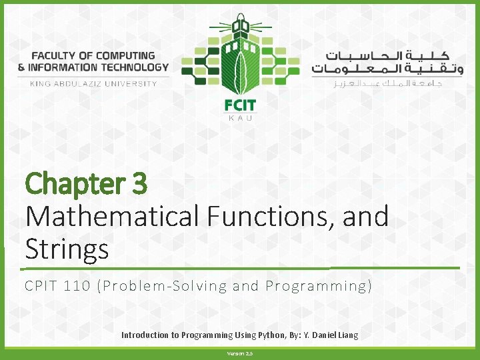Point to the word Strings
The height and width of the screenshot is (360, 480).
point(67,249)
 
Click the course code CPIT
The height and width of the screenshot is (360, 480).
point(44,287)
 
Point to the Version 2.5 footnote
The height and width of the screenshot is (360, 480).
point(239,353)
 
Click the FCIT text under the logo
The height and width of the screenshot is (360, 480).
point(240,105)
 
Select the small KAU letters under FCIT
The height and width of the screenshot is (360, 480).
point(240,118)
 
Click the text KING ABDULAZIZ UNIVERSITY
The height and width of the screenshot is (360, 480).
point(93,83)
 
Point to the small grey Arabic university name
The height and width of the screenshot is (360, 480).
point(387,83)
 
